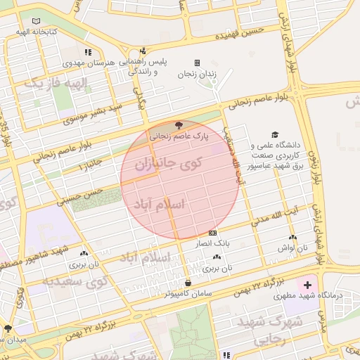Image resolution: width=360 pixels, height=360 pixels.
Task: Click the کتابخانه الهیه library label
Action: click(x=29, y=32)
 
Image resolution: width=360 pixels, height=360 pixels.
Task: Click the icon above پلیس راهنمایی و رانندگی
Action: click(x=143, y=50)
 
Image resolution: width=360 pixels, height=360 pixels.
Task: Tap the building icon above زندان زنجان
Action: click(x=197, y=63)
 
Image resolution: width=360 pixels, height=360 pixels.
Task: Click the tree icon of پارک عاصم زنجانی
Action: click(x=177, y=124)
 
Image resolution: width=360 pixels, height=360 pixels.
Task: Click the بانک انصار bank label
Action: click(x=213, y=243)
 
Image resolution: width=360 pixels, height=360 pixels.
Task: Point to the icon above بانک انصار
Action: click(x=213, y=233)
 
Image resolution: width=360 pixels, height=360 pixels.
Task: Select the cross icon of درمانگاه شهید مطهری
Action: click(x=307, y=285)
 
